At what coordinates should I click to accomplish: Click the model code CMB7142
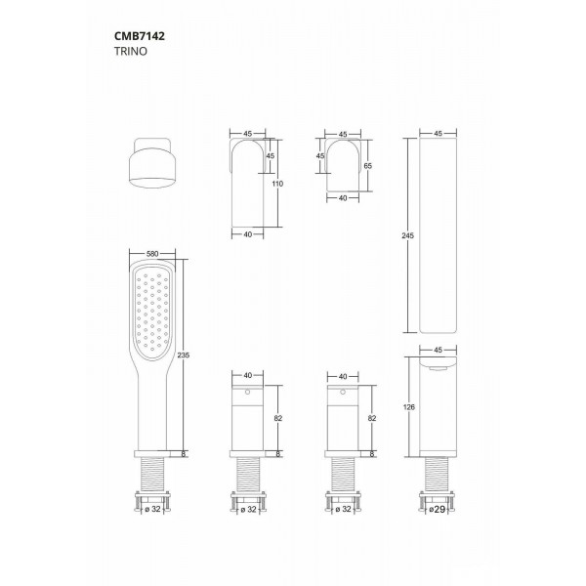tap(140, 36)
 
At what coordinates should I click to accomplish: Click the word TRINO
tap(131, 51)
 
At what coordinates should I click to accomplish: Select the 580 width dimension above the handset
tap(152, 254)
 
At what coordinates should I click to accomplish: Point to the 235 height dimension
tap(184, 356)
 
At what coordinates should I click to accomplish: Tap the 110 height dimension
tap(277, 184)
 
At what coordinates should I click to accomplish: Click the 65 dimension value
tap(368, 166)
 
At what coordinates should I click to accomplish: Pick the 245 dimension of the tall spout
tap(407, 235)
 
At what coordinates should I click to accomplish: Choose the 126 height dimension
tap(409, 407)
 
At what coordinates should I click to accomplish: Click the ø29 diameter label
tap(437, 509)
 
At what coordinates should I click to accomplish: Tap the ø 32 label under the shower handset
tap(152, 509)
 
